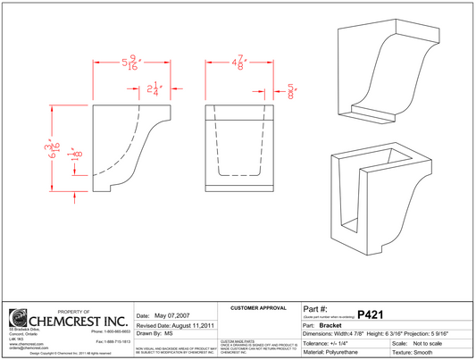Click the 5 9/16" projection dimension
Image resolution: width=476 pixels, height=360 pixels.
tap(130, 65)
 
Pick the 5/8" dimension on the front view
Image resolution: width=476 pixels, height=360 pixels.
tap(290, 91)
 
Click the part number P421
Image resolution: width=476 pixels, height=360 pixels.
tap(370, 314)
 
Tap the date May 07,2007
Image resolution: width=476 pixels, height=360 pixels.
tap(162, 316)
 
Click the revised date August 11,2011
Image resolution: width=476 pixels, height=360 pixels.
tap(173, 326)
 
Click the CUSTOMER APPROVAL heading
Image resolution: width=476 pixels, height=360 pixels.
tap(258, 307)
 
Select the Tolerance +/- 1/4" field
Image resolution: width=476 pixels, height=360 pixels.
tap(331, 342)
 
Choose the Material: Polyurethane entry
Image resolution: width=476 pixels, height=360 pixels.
tap(338, 353)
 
